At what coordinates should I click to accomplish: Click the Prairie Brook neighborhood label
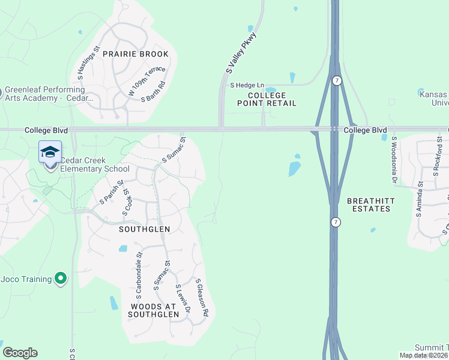(x=135, y=54)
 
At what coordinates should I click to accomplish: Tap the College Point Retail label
(x=272, y=99)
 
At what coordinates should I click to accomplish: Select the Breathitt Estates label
(x=369, y=205)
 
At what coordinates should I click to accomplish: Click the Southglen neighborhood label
(x=144, y=229)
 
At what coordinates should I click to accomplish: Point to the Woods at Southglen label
(x=154, y=310)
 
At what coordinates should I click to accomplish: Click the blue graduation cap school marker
(x=50, y=152)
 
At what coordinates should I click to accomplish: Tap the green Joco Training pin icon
(x=60, y=278)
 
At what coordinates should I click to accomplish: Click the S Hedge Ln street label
(x=247, y=86)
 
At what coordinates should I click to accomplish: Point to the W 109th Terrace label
(x=146, y=81)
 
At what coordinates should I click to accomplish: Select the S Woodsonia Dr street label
(x=394, y=159)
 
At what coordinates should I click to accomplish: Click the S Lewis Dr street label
(x=182, y=299)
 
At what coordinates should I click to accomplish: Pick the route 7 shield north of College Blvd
(x=337, y=81)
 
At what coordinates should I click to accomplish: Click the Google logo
(x=20, y=353)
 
